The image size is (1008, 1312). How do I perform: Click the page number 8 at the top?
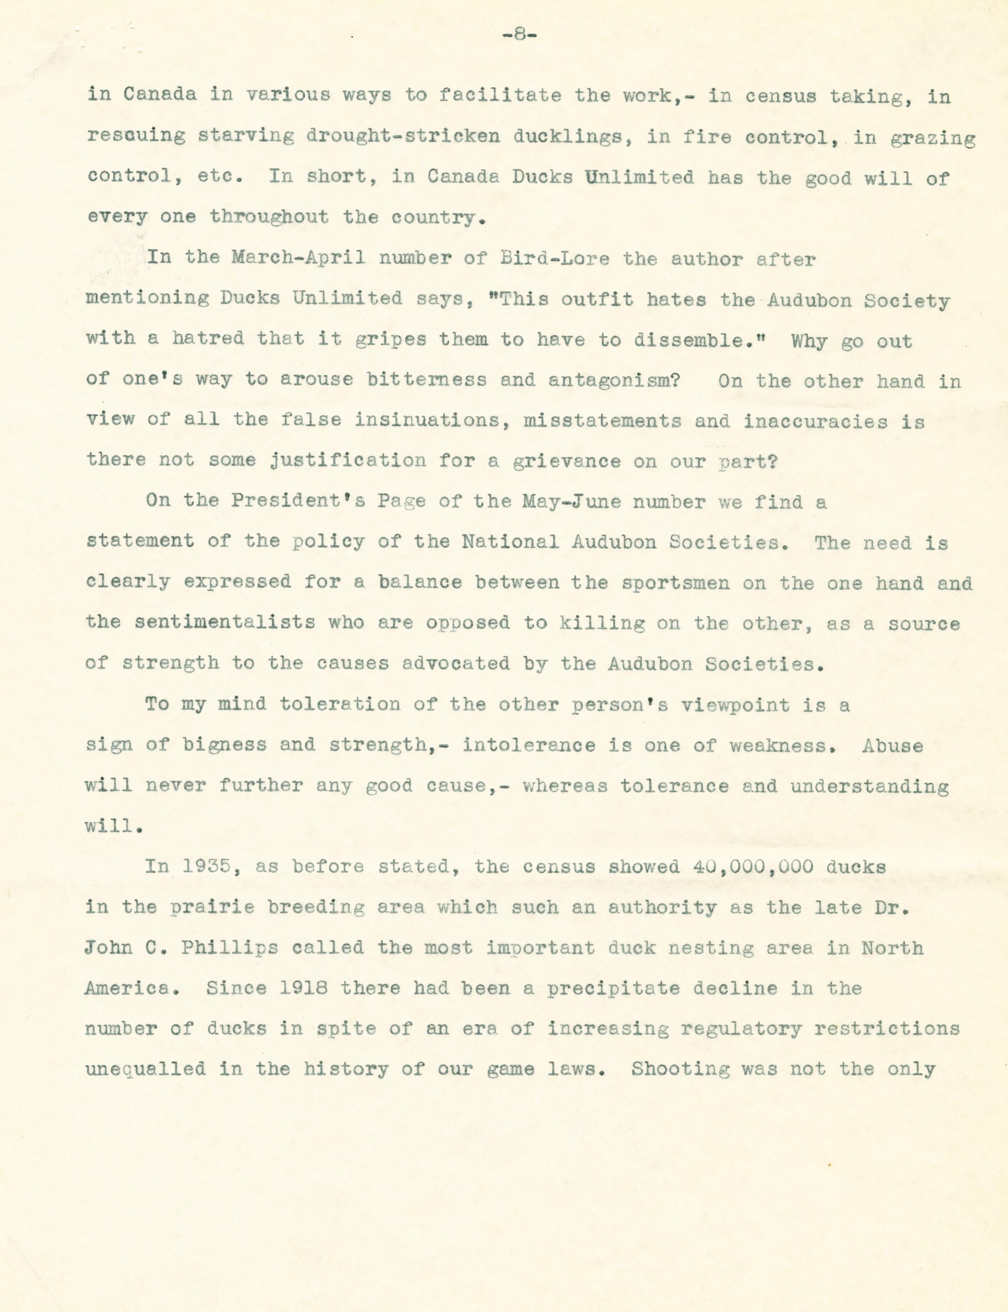(520, 35)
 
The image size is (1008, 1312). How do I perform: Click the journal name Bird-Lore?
(555, 259)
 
